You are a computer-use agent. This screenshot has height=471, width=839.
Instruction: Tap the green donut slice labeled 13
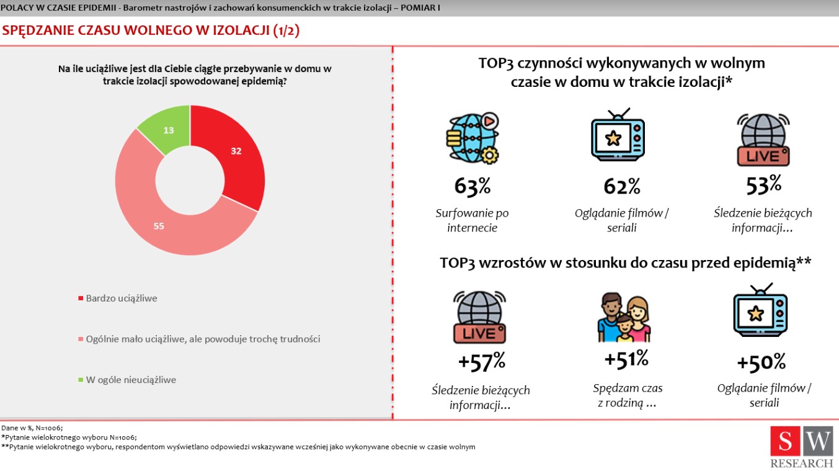[168, 130]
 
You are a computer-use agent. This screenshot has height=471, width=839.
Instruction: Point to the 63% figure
[473, 186]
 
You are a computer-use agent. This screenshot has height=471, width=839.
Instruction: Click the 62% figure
[621, 186]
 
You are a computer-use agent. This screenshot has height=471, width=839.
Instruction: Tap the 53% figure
[763, 184]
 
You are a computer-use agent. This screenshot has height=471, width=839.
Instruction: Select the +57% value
[481, 361]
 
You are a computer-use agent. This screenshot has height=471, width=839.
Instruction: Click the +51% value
[626, 359]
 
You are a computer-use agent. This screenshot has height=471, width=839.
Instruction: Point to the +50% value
[761, 362]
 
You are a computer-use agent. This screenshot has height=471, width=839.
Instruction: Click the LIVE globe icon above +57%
[480, 316]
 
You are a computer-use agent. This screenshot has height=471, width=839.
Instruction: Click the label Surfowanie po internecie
[472, 220]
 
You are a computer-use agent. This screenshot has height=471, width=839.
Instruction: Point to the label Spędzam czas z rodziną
[627, 395]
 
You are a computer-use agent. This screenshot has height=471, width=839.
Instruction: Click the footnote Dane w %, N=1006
[32, 428]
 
